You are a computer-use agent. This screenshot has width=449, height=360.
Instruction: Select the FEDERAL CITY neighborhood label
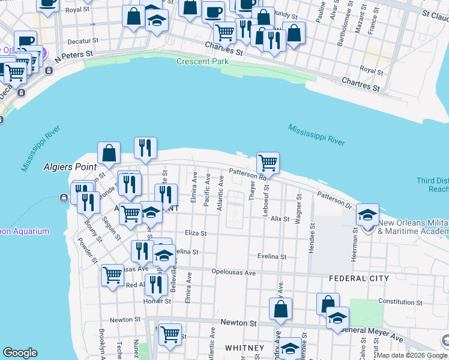[x=359, y=278]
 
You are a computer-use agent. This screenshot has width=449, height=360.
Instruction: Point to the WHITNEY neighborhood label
[x=244, y=348]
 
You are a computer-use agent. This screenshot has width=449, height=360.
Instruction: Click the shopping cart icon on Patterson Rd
[x=268, y=163]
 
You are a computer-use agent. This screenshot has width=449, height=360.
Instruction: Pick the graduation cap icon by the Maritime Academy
[x=367, y=214]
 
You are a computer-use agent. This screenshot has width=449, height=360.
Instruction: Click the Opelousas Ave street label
[x=234, y=272]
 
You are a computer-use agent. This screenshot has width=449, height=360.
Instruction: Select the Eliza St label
[x=196, y=233]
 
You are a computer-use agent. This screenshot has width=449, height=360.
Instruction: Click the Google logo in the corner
[x=20, y=353]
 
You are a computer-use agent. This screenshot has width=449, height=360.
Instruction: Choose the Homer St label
[x=158, y=301]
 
